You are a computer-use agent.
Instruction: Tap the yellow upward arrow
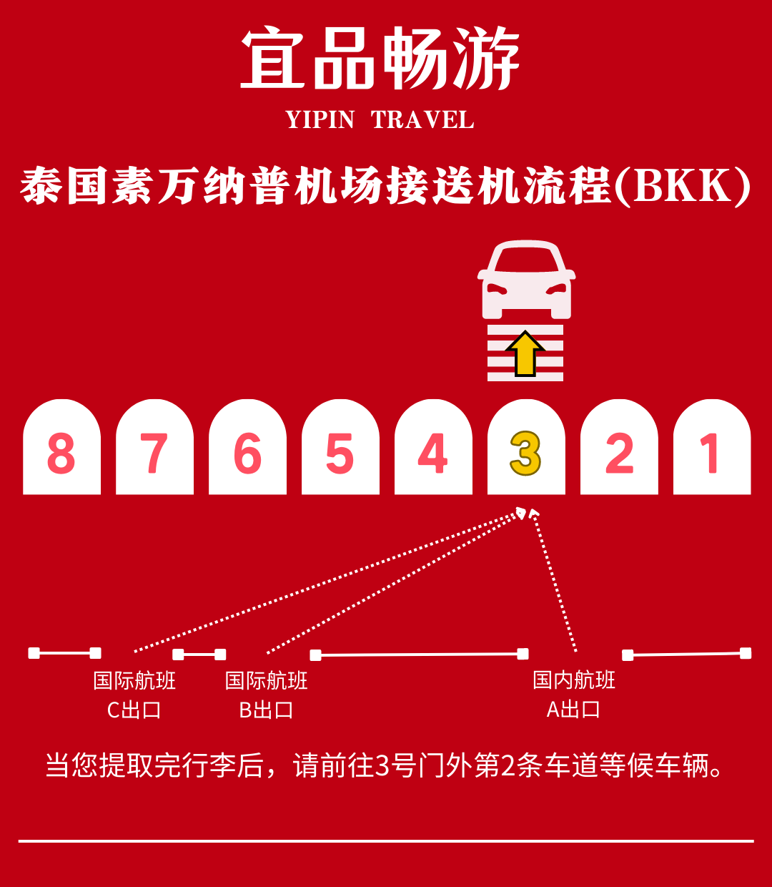[525, 353]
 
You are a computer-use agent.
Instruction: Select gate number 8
[61, 453]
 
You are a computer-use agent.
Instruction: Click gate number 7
[154, 453]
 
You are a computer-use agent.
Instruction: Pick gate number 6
[247, 453]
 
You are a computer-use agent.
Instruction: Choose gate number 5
[340, 453]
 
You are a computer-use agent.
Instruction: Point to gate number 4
[433, 453]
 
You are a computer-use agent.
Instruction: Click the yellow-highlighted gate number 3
[526, 453]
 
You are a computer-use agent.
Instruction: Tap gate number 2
[619, 453]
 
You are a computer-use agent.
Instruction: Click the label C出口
[134, 710]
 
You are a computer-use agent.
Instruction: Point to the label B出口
[266, 710]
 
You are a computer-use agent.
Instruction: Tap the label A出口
[573, 710]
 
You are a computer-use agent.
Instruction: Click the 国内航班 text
[573, 680]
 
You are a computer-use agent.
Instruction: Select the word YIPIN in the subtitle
[320, 120]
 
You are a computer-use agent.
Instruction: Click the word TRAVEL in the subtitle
[422, 120]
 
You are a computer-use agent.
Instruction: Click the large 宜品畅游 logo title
[380, 59]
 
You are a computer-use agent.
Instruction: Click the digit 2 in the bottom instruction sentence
[508, 766]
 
